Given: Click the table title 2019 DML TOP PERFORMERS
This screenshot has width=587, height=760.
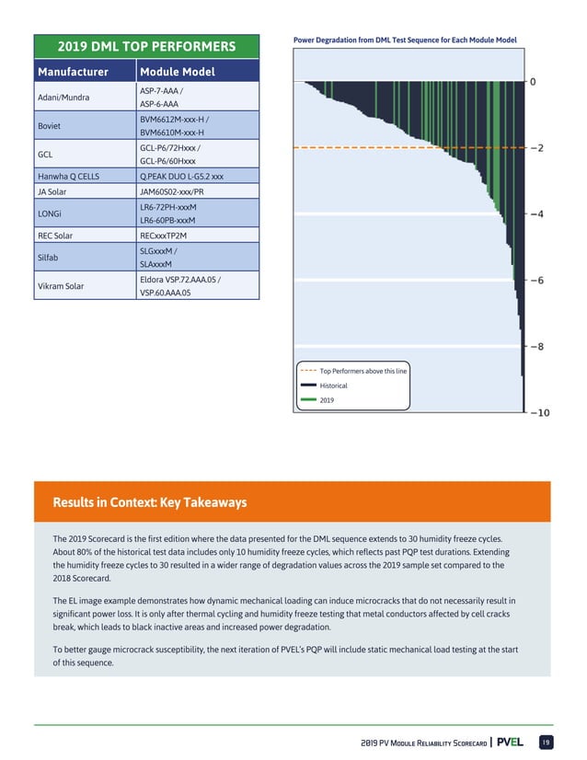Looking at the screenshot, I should (146, 47).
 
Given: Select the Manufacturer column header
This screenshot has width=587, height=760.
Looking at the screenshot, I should (73, 72).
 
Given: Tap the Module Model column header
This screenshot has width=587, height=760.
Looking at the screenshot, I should (177, 72).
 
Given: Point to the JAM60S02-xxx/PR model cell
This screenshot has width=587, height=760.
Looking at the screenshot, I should (175, 191).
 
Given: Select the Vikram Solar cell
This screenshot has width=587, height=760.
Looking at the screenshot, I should (61, 285).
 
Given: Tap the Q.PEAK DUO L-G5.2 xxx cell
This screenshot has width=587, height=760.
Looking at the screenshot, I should (181, 176).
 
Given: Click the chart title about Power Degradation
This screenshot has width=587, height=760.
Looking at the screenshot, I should (404, 40).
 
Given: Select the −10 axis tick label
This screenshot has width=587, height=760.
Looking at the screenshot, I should (540, 413).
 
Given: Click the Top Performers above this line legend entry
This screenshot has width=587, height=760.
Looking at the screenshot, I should (363, 370).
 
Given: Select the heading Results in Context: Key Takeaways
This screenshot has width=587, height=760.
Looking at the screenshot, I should (149, 502).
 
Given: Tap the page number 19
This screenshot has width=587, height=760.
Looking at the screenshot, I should (545, 742).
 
